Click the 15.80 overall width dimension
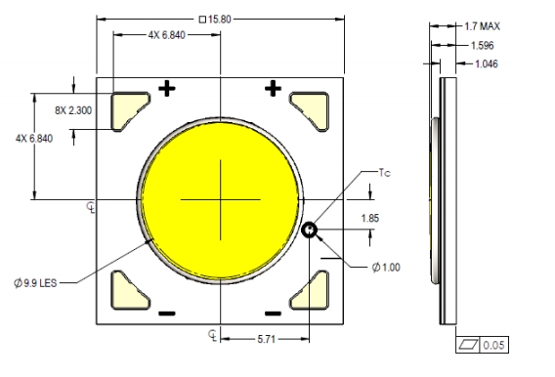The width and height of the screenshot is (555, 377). click(x=216, y=20)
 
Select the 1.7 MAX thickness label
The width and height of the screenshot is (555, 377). click(x=482, y=26)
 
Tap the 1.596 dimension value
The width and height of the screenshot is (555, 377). click(x=482, y=45)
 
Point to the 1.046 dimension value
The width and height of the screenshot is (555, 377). click(x=487, y=64)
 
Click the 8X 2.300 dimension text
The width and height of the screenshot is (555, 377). click(x=73, y=110)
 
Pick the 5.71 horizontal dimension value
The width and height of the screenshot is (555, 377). click(x=266, y=339)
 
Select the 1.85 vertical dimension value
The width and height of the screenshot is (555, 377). click(x=370, y=218)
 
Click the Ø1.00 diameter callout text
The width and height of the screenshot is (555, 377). click(x=386, y=267)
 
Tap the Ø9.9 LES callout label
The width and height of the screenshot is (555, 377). click(x=35, y=283)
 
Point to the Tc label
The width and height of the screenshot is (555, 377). click(x=385, y=173)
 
